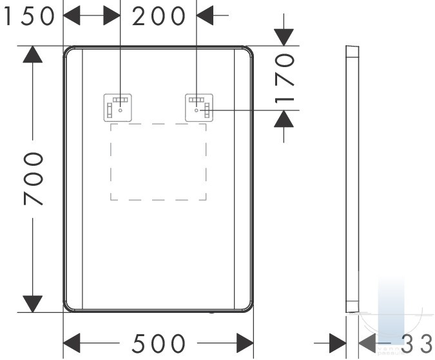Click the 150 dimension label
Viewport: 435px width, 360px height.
(29, 16)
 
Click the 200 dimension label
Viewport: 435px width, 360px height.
(159, 16)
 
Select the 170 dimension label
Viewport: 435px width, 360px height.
(284, 79)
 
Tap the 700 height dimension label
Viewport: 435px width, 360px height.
(34, 179)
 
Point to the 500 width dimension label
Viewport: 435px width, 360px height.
(159, 343)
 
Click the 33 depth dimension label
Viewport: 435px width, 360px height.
(417, 344)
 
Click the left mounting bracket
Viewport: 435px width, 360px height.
(118, 108)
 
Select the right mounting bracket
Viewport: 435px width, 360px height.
(199, 108)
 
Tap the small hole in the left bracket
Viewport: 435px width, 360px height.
(120, 110)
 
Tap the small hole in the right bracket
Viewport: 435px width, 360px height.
(197, 110)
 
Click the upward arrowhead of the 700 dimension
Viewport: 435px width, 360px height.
(33, 54)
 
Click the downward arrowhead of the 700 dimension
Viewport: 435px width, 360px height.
(33, 304)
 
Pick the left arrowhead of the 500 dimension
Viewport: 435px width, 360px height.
(72, 343)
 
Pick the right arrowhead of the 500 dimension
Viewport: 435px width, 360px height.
(245, 343)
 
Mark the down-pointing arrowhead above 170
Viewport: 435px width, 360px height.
(284, 37)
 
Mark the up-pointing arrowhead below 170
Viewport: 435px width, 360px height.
(284, 119)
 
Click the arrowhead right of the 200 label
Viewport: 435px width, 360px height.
(205, 15)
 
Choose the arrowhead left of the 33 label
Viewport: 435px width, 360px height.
(367, 343)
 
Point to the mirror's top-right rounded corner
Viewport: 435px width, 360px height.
(248, 51)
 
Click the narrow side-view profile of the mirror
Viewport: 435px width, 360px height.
(353, 179)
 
